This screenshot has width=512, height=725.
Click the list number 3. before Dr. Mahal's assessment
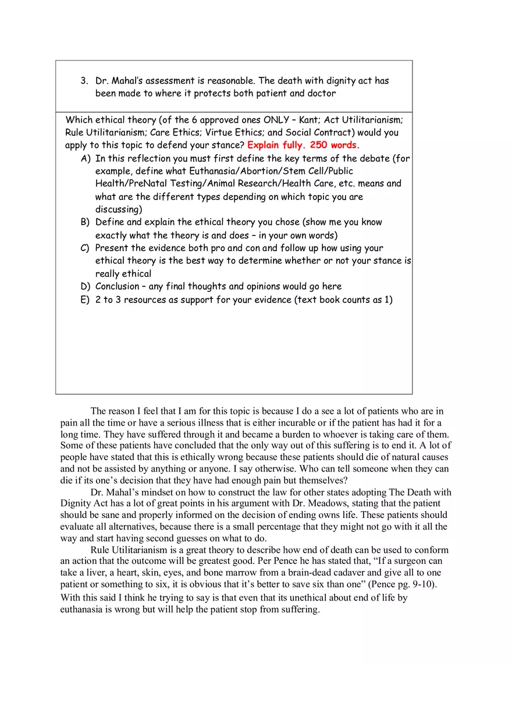pyautogui.click(x=84, y=81)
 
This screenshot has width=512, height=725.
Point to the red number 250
pyautogui.click(x=319, y=145)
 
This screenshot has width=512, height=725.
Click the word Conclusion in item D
pyautogui.click(x=118, y=287)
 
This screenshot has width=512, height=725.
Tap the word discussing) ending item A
pyautogui.click(x=119, y=209)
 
